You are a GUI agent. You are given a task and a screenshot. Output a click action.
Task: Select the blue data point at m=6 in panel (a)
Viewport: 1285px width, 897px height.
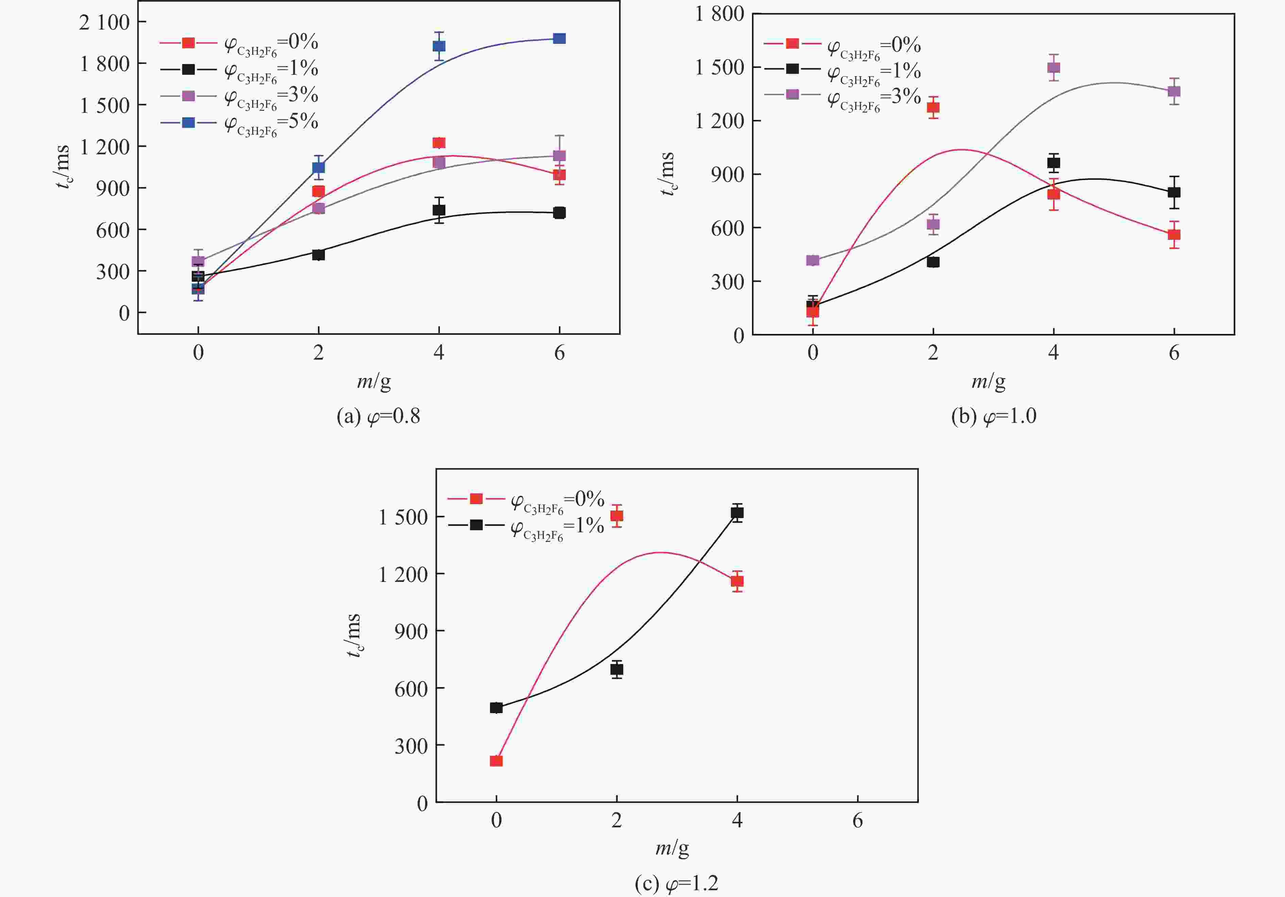pyautogui.click(x=559, y=39)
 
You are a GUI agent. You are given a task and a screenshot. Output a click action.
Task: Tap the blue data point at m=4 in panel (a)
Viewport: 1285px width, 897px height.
pyautogui.click(x=439, y=46)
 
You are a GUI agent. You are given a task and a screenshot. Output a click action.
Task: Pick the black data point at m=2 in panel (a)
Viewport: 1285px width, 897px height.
pyautogui.click(x=319, y=255)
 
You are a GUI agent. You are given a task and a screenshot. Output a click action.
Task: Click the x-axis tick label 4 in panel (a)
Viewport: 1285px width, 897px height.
pyautogui.click(x=439, y=352)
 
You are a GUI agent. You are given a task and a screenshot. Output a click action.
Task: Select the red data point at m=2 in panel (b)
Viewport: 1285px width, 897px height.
pyautogui.click(x=933, y=107)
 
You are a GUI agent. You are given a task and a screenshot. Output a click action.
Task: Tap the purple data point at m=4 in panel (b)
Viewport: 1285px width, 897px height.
pyautogui.click(x=1053, y=68)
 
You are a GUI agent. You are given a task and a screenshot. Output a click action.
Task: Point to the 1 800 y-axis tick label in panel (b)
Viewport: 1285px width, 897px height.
pyautogui.click(x=719, y=14)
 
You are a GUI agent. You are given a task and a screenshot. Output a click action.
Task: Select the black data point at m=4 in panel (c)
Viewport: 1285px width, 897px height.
pyautogui.click(x=737, y=513)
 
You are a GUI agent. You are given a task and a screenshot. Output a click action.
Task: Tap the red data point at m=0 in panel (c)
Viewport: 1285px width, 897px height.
pyautogui.click(x=496, y=761)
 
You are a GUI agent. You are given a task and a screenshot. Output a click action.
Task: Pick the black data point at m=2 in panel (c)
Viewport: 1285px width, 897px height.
pyautogui.click(x=617, y=669)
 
